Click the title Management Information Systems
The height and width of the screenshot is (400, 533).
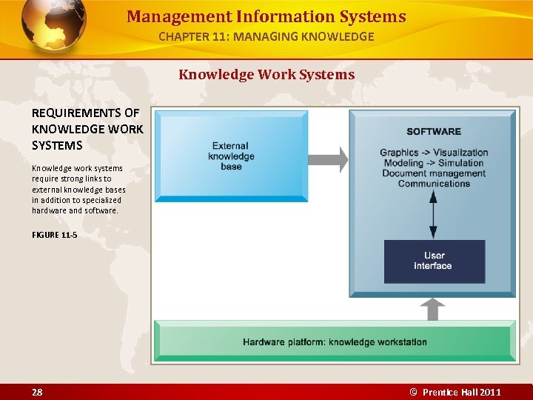click(266, 16)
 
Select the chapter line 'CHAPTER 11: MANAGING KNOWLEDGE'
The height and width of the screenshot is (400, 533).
click(266, 36)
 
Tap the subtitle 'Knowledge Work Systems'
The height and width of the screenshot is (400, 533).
click(266, 75)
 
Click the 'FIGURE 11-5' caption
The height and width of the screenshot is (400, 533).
click(54, 235)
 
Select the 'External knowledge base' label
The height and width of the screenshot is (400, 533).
click(231, 156)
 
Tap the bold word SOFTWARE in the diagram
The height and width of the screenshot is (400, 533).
click(434, 132)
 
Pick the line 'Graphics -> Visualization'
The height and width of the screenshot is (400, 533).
click(434, 153)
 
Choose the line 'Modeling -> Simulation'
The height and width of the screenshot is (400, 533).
click(434, 163)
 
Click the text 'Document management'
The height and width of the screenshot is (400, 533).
click(434, 173)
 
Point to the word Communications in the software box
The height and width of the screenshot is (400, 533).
click(434, 184)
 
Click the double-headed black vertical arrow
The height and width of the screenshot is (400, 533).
click(434, 213)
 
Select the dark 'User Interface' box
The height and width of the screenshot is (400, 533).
click(434, 261)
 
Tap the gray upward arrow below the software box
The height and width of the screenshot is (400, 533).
click(432, 309)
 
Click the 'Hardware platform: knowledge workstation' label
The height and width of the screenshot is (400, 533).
click(335, 342)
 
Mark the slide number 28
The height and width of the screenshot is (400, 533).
click(37, 392)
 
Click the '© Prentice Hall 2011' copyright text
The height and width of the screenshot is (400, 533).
click(456, 392)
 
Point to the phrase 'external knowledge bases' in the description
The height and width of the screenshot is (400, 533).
click(78, 190)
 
